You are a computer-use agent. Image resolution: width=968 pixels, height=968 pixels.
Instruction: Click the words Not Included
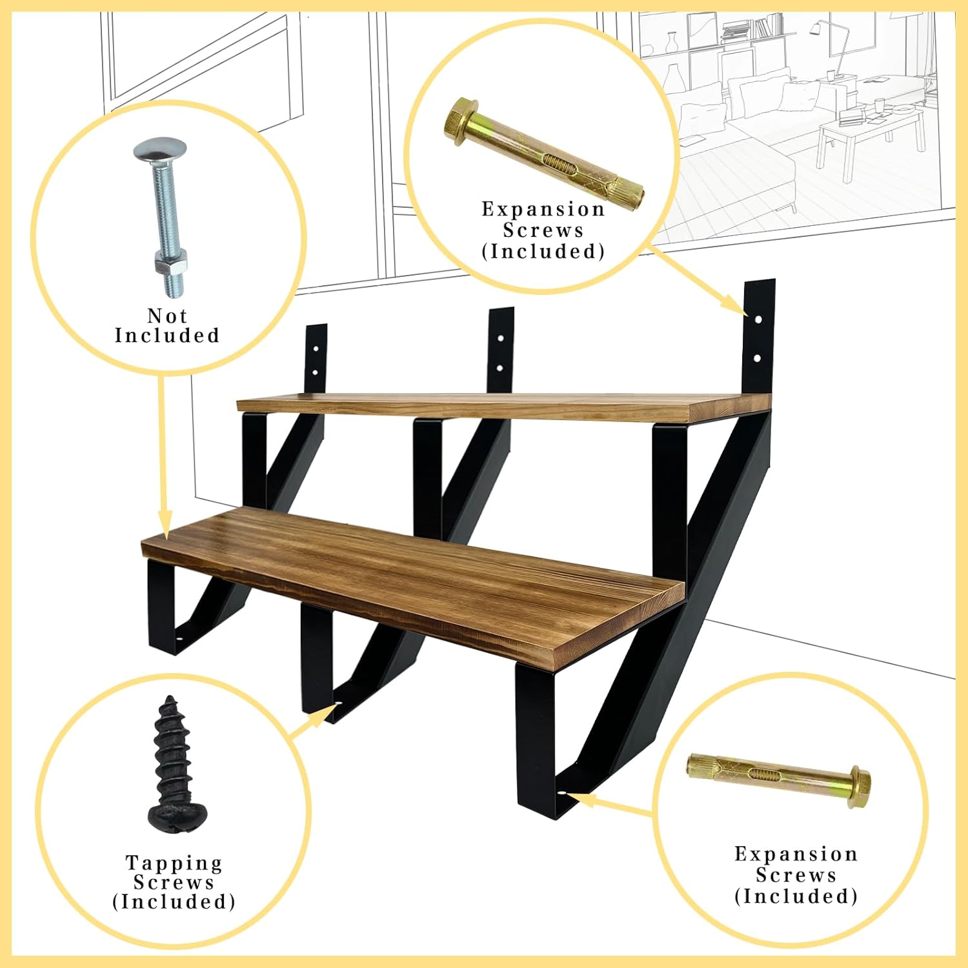coord(167,326)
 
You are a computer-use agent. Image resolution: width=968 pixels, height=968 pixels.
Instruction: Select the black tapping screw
coord(173,764)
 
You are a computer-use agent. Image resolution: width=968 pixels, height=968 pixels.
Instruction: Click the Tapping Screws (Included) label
coord(174,882)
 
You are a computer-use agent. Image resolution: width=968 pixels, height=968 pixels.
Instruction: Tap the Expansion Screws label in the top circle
coord(543,230)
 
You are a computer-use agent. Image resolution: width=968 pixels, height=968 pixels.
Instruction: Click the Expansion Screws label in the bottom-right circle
coord(796,875)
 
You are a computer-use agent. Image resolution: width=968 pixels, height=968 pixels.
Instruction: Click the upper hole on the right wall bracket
coord(758,319)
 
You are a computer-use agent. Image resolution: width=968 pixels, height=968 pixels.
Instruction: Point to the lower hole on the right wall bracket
coord(758,358)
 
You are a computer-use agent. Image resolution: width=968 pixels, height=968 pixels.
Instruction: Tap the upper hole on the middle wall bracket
coord(500,338)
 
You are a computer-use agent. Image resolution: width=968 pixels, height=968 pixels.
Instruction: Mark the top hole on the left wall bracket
coord(316,348)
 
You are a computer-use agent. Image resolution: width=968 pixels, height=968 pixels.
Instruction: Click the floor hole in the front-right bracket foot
coord(561,792)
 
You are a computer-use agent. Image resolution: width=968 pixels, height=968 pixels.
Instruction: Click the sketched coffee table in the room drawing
coord(868,132)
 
